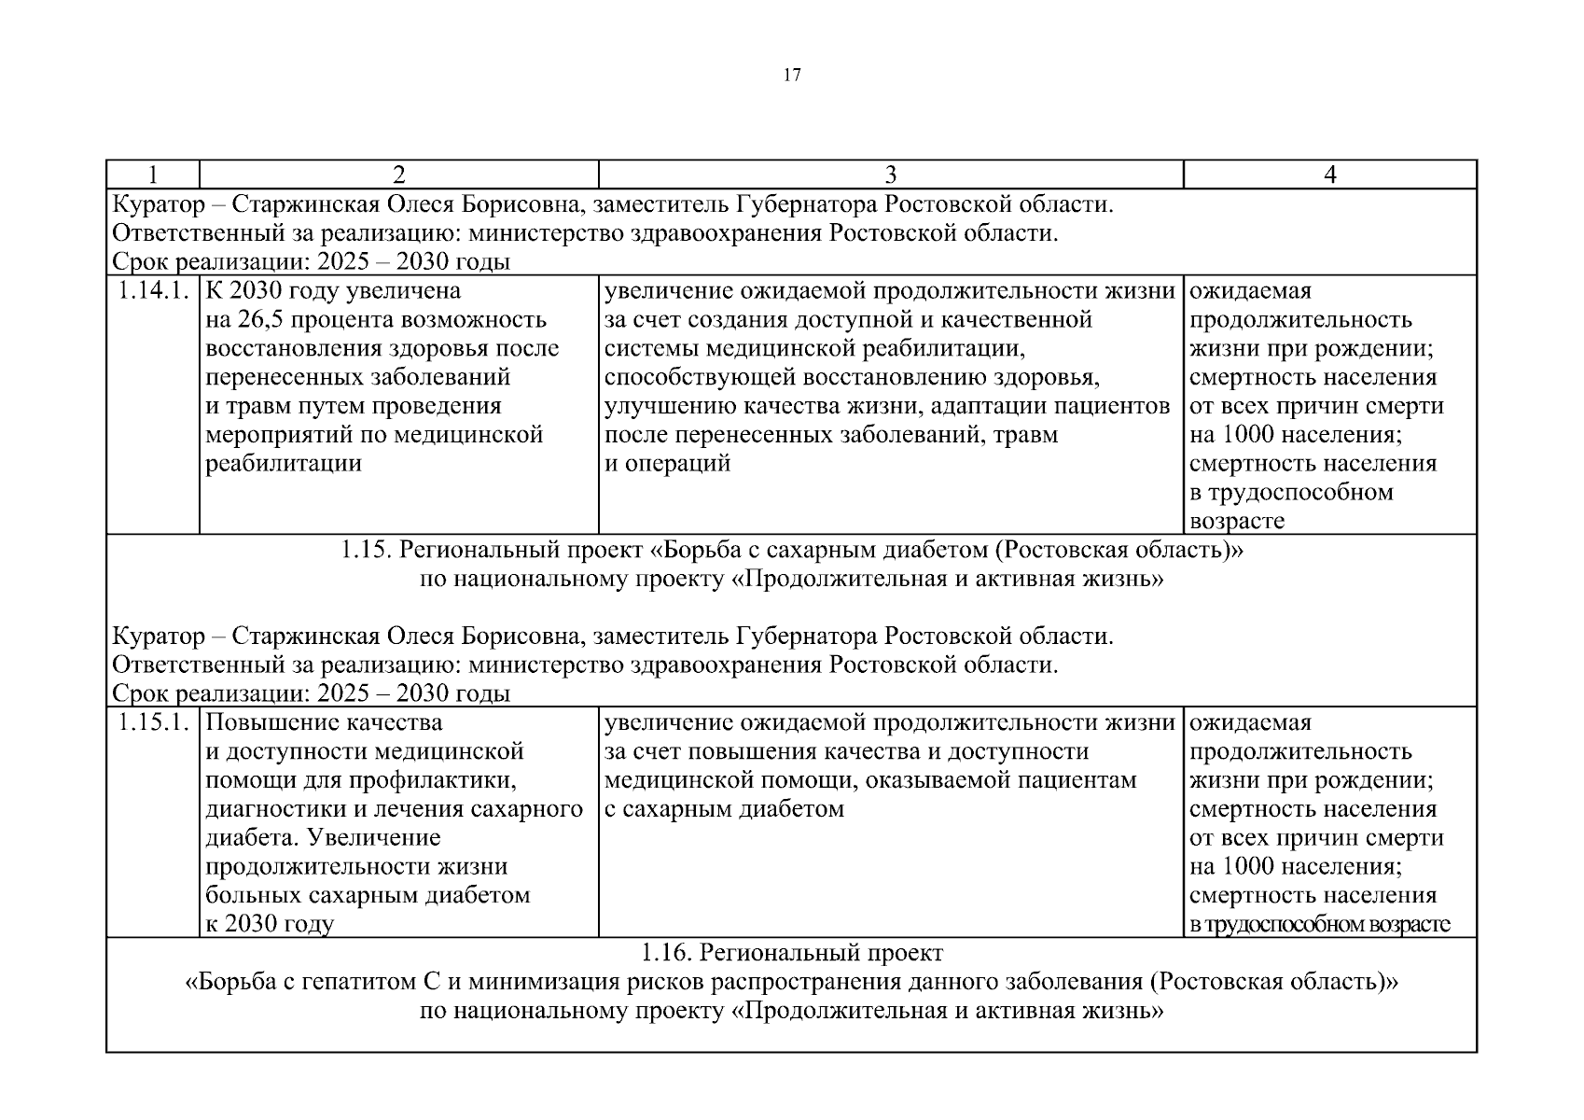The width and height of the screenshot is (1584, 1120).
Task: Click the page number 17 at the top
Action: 791,77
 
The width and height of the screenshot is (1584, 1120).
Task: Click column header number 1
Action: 152,175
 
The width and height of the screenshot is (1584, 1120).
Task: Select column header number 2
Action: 398,175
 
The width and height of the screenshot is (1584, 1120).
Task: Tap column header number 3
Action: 890,175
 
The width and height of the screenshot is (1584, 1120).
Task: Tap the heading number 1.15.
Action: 366,550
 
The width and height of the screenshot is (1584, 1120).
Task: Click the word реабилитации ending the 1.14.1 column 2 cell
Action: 284,464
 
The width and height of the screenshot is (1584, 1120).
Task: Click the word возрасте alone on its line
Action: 1237,522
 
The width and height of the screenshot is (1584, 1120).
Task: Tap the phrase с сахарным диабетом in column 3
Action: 724,809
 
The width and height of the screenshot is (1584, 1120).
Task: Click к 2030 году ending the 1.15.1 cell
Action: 270,924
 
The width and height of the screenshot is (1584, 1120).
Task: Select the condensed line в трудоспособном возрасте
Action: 1319,925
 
